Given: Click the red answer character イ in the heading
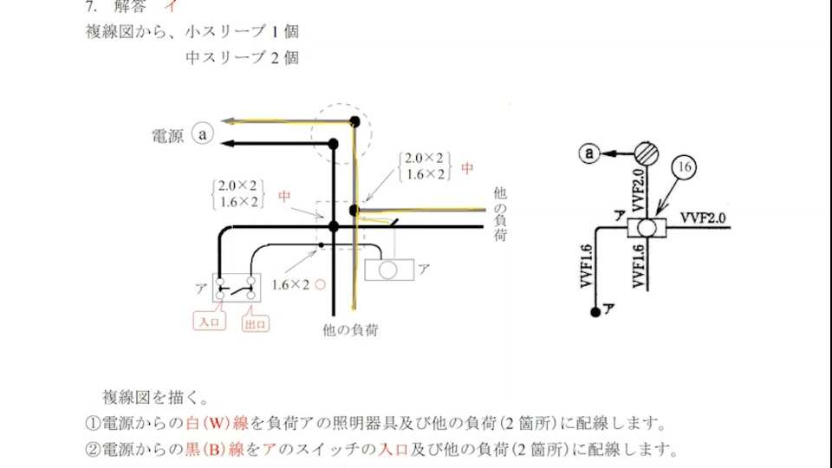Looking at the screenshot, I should click(x=172, y=7).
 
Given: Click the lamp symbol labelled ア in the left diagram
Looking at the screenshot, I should click(x=388, y=270).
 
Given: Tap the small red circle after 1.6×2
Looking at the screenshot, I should click(x=320, y=284).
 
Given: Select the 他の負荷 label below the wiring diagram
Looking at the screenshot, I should click(x=348, y=330).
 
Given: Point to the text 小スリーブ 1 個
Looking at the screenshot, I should click(x=242, y=33).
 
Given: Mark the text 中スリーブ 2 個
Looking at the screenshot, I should click(x=242, y=58).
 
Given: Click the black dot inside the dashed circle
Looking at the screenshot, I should click(x=354, y=121).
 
